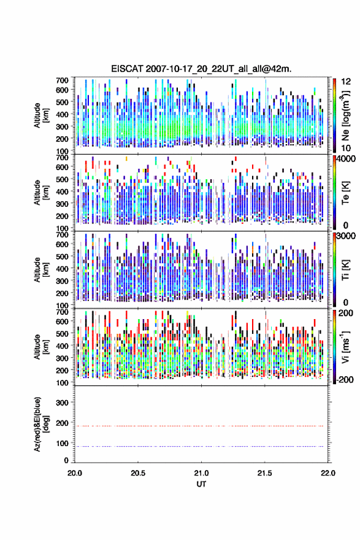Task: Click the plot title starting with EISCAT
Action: click(x=201, y=69)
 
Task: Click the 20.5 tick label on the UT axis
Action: click(x=137, y=473)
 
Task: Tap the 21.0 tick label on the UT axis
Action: click(x=201, y=473)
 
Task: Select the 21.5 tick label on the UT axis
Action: click(x=265, y=473)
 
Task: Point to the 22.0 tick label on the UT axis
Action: click(x=328, y=473)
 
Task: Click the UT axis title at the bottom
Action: click(x=201, y=484)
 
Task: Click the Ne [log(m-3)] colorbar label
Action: click(x=345, y=116)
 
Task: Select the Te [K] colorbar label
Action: click(x=345, y=193)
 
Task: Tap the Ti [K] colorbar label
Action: click(x=345, y=270)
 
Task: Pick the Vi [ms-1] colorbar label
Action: click(x=345, y=347)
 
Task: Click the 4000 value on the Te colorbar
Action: click(x=347, y=159)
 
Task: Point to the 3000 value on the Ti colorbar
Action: click(x=347, y=236)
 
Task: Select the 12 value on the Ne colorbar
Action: click(x=346, y=82)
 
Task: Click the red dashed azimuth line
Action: click(x=199, y=426)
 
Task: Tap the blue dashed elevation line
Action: click(x=199, y=446)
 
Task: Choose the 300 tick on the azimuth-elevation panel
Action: click(x=62, y=403)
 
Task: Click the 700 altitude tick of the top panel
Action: click(x=62, y=80)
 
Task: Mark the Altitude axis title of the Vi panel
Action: click(x=41, y=347)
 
